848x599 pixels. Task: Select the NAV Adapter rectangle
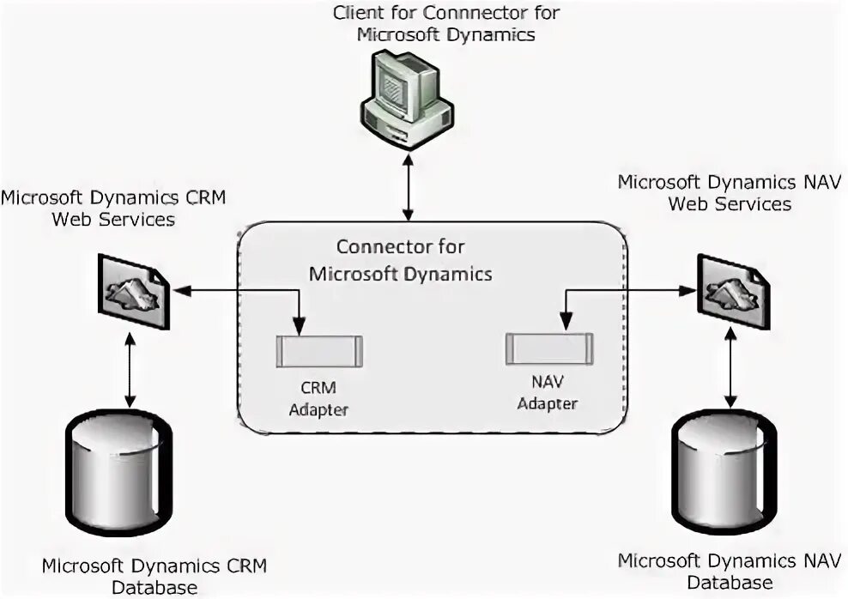pos(549,348)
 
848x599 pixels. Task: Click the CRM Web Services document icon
pos(134,292)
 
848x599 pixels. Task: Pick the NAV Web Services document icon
pos(732,292)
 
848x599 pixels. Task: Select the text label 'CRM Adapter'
pos(318,398)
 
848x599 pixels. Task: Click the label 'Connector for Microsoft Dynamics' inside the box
pos(401,260)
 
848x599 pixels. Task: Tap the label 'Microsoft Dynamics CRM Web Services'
pos(112,208)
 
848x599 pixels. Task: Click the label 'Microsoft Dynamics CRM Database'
pos(154,577)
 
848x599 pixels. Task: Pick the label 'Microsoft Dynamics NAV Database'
pos(730,572)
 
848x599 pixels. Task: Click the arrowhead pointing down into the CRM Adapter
pos(298,327)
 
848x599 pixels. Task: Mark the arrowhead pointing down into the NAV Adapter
pos(565,323)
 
